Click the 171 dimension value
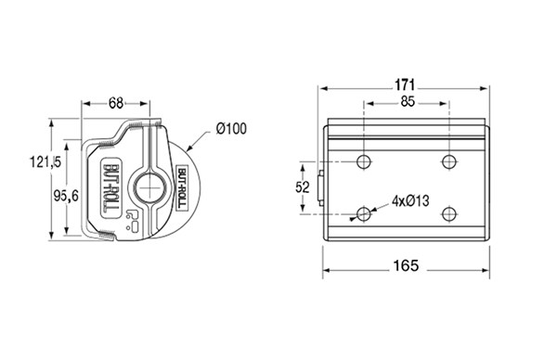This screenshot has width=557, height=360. [x=405, y=85]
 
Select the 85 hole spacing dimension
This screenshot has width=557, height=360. [x=408, y=102]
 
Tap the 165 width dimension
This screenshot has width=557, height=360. [x=406, y=265]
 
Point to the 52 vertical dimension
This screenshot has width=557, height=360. [x=303, y=187]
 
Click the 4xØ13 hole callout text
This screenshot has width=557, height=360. [x=410, y=201]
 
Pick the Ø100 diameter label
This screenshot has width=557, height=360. [x=231, y=129]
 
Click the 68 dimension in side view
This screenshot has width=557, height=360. [x=116, y=103]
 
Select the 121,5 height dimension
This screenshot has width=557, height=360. [x=45, y=161]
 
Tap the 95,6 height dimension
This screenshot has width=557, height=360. [x=66, y=195]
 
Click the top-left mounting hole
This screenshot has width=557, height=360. [x=364, y=162]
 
